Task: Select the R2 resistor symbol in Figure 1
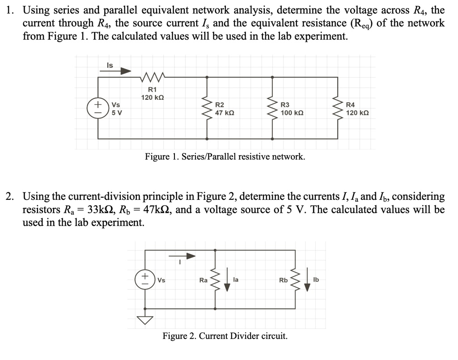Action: pyautogui.click(x=206, y=108)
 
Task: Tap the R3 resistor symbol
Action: pyautogui.click(x=272, y=108)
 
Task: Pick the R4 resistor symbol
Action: pyautogui.click(x=338, y=108)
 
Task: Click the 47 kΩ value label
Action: pyautogui.click(x=225, y=113)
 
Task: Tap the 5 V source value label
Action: pyautogui.click(x=116, y=113)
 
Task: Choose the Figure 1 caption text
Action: pyautogui.click(x=225, y=157)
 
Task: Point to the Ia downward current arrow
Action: pyautogui.click(x=227, y=281)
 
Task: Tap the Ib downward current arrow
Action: pyautogui.click(x=307, y=281)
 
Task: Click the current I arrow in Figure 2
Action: pyautogui.click(x=182, y=256)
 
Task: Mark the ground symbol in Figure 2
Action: pyautogui.click(x=145, y=319)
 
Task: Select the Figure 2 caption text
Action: pyautogui.click(x=225, y=336)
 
